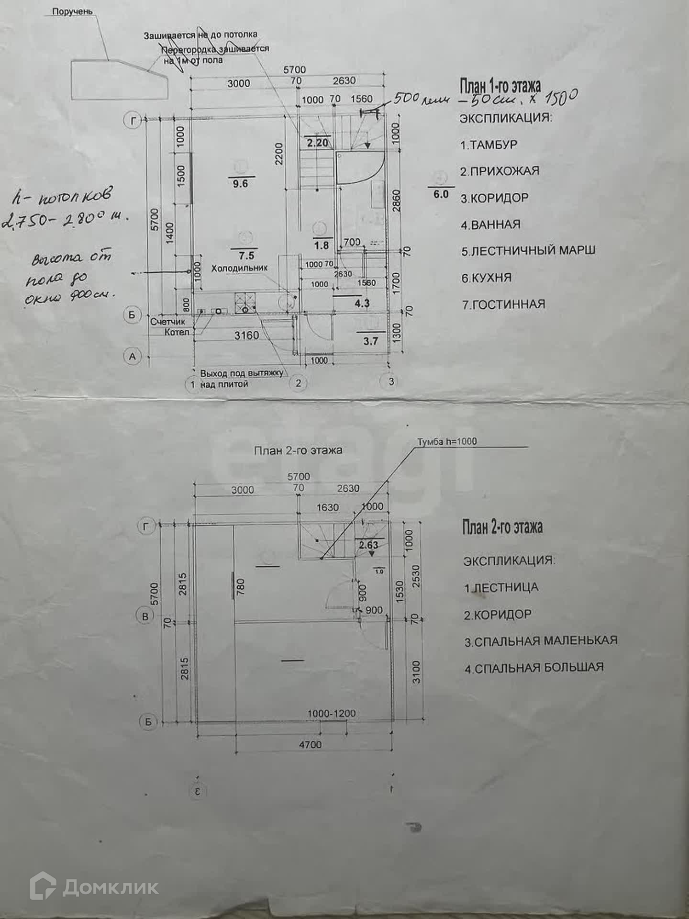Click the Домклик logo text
click(110, 887)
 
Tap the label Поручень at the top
click(72, 11)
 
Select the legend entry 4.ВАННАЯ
click(490, 224)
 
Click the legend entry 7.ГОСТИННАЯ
click(503, 304)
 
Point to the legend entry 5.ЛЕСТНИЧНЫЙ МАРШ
click(528, 250)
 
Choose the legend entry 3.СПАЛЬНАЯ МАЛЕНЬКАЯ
click(541, 641)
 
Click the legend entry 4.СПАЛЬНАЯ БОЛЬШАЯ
click(534, 668)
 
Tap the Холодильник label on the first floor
click(239, 268)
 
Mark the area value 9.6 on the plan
click(240, 183)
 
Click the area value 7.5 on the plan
click(246, 256)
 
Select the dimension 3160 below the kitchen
click(246, 336)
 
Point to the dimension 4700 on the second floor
click(311, 744)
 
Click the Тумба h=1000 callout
click(447, 441)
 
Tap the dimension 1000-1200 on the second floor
click(331, 713)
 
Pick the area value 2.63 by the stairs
click(368, 545)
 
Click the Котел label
click(177, 332)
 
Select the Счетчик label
click(167, 322)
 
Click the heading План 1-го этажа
click(500, 87)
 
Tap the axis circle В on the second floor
click(145, 616)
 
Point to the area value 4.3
click(362, 303)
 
